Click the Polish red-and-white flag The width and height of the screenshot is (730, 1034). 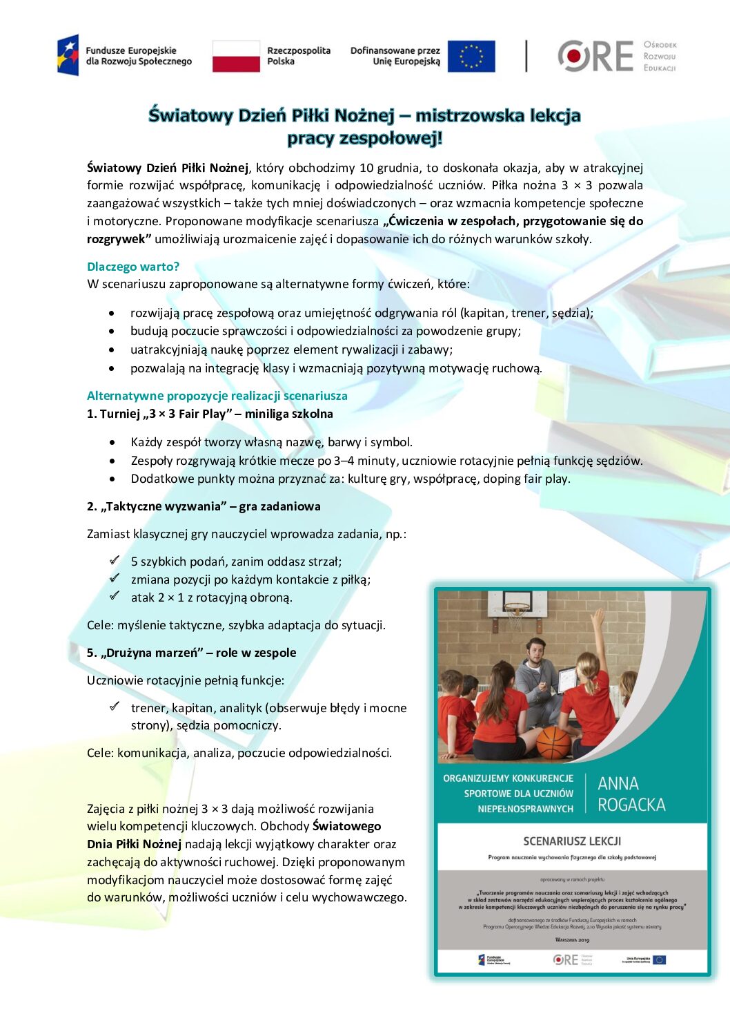coord(236,56)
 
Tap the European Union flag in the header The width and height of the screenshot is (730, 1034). coord(471,56)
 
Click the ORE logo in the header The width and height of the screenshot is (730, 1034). coord(595,56)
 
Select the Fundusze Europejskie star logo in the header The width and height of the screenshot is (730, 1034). coord(68,55)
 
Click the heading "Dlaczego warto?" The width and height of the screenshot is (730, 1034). coord(133,267)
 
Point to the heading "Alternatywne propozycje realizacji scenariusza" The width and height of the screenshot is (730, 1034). coord(217,396)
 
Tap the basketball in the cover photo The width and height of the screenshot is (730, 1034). coord(553,742)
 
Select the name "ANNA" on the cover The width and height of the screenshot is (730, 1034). coord(618,784)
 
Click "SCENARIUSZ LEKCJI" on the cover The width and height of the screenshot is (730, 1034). coord(572,841)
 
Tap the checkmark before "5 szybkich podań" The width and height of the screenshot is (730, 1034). coord(115,560)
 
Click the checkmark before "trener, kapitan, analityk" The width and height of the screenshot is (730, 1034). coord(115,707)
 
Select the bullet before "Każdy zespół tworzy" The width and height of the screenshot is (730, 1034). coord(112,442)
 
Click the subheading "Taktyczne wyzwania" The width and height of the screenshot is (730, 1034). coord(166,506)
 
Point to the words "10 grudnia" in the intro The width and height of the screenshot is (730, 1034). coord(389,168)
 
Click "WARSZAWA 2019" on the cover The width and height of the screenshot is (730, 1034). coord(572,939)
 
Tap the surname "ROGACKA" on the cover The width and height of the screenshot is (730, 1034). coord(631,805)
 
